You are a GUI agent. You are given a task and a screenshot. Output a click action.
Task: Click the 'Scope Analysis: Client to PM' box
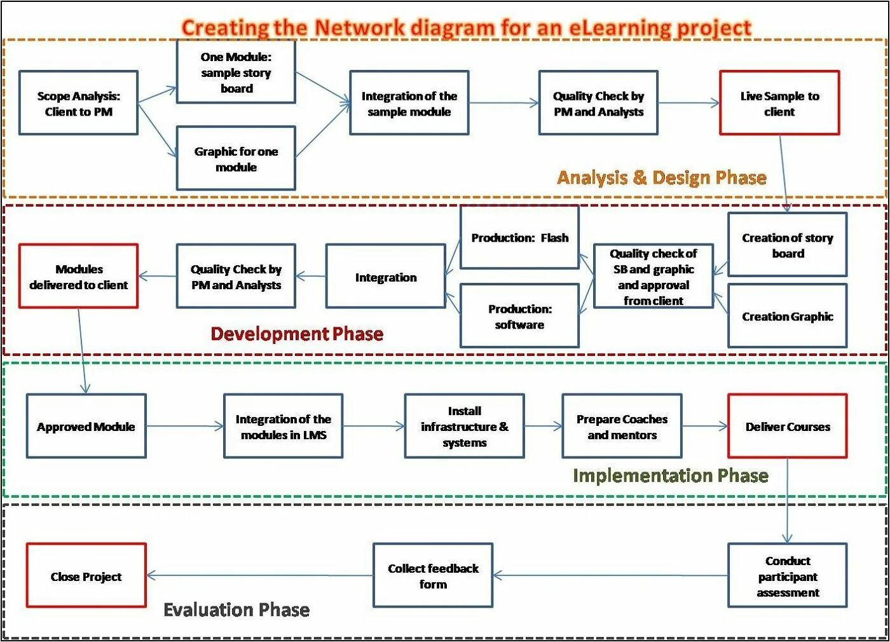click(78, 103)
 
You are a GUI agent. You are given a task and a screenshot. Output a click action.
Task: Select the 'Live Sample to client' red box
click(779, 103)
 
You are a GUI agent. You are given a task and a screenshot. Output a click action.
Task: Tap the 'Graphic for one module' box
click(236, 158)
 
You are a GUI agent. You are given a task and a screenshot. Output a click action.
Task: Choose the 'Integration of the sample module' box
click(409, 103)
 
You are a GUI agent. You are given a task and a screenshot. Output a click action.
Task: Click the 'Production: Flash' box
click(519, 238)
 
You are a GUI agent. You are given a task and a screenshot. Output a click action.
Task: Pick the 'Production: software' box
click(519, 316)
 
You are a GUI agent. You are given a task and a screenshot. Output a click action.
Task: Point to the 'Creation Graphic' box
click(787, 316)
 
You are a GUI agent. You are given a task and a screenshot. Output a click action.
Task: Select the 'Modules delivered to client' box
click(78, 277)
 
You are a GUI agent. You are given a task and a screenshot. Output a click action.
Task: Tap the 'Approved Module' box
click(86, 427)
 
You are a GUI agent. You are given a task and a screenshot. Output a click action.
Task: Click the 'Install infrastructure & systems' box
click(464, 427)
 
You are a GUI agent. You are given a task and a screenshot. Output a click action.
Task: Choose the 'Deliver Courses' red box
click(787, 427)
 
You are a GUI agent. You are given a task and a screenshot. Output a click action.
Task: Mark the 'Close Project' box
click(86, 576)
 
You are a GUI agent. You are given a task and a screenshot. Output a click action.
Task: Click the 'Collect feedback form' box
click(433, 576)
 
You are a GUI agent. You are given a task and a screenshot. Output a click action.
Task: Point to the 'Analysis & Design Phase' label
click(661, 177)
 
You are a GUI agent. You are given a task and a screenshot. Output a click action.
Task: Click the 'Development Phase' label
click(297, 334)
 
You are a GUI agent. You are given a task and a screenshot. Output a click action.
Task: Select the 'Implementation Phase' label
click(670, 475)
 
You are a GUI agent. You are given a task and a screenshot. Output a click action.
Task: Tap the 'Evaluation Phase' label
click(236, 610)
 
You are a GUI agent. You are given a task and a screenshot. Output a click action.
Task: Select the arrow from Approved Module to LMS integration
click(184, 427)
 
